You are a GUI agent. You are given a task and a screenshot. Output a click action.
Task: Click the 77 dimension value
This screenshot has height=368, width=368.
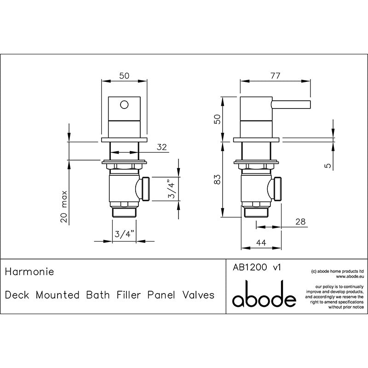pyautogui.click(x=275, y=76)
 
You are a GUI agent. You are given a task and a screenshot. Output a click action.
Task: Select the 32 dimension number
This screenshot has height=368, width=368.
pyautogui.click(x=162, y=147)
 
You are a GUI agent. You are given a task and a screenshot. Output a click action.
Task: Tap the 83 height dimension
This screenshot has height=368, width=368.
pyautogui.click(x=218, y=179)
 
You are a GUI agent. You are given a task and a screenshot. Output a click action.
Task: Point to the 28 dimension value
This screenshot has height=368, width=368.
pyautogui.click(x=301, y=222)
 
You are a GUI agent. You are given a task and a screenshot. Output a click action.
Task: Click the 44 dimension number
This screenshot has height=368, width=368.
pyautogui.click(x=261, y=242)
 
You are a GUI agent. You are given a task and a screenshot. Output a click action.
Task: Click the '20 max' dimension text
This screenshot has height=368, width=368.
pyautogui.click(x=64, y=207)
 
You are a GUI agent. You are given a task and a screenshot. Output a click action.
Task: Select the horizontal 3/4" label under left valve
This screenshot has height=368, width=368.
pyautogui.click(x=124, y=234)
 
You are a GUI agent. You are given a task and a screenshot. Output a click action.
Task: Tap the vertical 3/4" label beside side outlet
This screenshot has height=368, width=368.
pyautogui.click(x=172, y=189)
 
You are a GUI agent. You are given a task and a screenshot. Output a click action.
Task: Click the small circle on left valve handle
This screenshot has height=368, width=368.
pyautogui.click(x=124, y=104)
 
